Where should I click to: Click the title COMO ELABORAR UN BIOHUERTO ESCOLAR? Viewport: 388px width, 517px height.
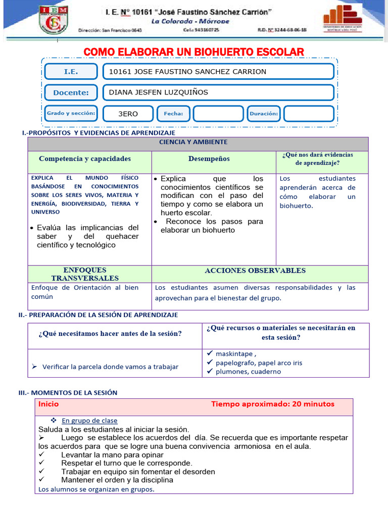pos(193,52)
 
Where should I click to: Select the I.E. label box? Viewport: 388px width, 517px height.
pos(71,72)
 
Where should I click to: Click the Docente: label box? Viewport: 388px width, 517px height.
pos(71,92)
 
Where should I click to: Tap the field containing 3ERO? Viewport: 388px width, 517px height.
pos(128,114)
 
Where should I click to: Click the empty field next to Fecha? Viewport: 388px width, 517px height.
pos(218,114)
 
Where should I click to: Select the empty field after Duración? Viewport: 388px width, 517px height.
pos(308,114)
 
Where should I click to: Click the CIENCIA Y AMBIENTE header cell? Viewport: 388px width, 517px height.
pos(193,142)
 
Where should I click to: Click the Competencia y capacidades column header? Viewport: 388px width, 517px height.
pos(85,159)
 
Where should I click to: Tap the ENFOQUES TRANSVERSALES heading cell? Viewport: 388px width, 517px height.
pos(85,274)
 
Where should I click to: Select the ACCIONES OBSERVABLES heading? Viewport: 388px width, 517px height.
pos(255,271)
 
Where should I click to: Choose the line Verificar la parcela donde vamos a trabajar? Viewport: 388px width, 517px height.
pos(110,367)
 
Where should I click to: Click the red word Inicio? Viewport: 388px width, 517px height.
pos(48,404)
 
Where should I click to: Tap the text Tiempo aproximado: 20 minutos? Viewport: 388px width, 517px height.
pos(273,404)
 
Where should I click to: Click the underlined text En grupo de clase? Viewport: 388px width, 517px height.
pos(89,421)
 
